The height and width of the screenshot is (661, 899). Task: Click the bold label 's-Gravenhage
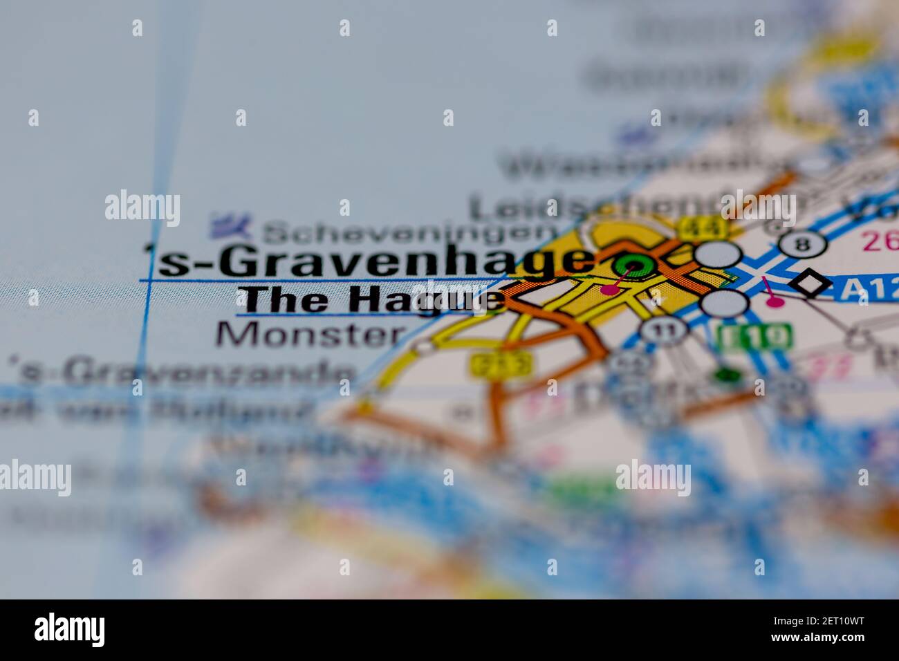[370, 263]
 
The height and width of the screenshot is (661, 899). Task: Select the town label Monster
[311, 335]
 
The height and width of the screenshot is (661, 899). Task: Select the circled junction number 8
[802, 244]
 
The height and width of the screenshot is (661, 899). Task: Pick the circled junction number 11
[663, 330]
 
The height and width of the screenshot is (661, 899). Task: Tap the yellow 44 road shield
[703, 225]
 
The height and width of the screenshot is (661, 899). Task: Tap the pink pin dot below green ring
[609, 289]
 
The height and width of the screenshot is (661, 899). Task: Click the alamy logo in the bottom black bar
[70, 630]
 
